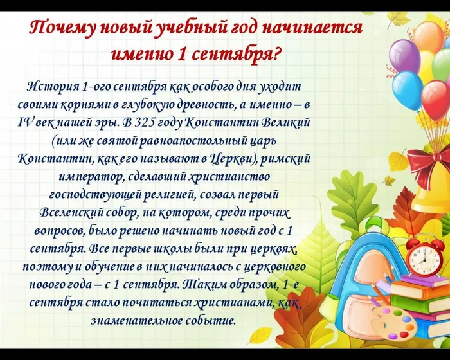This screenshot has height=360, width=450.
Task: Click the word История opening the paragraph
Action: tap(54, 86)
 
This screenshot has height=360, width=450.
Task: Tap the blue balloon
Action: tap(407, 91)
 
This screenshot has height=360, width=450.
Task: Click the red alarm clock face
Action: tap(424, 257)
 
